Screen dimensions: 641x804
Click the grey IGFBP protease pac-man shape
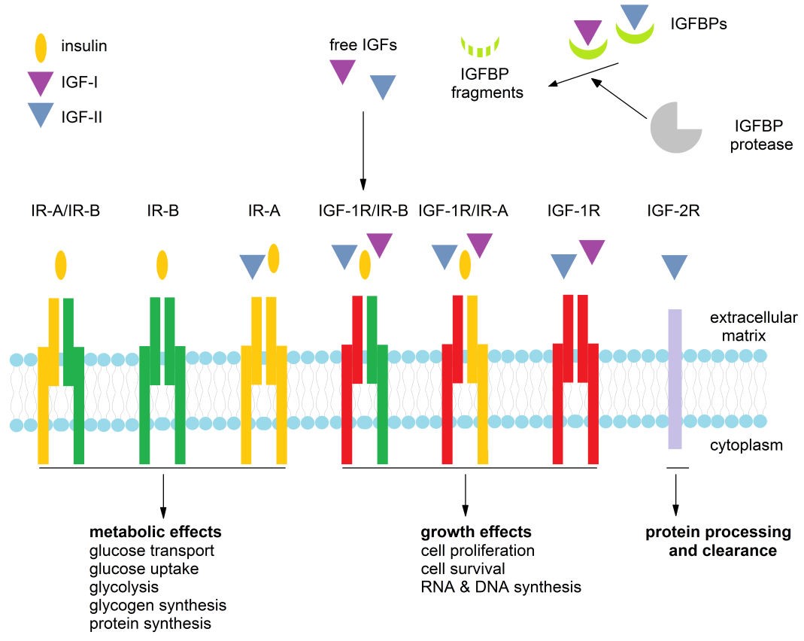(x=675, y=128)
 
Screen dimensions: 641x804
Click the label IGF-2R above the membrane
(x=673, y=211)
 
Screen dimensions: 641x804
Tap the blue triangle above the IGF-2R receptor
(x=674, y=266)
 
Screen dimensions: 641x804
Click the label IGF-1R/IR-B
(x=363, y=211)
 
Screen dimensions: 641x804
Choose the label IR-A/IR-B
(x=62, y=211)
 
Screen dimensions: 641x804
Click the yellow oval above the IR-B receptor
(x=162, y=265)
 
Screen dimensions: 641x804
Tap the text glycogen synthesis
(x=158, y=605)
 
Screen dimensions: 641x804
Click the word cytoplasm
(x=747, y=445)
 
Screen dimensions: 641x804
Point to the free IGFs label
(x=363, y=45)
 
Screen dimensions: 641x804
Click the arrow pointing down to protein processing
(x=675, y=493)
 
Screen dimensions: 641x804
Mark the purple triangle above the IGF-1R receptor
(x=592, y=251)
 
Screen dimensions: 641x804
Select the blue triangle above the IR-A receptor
(x=252, y=266)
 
